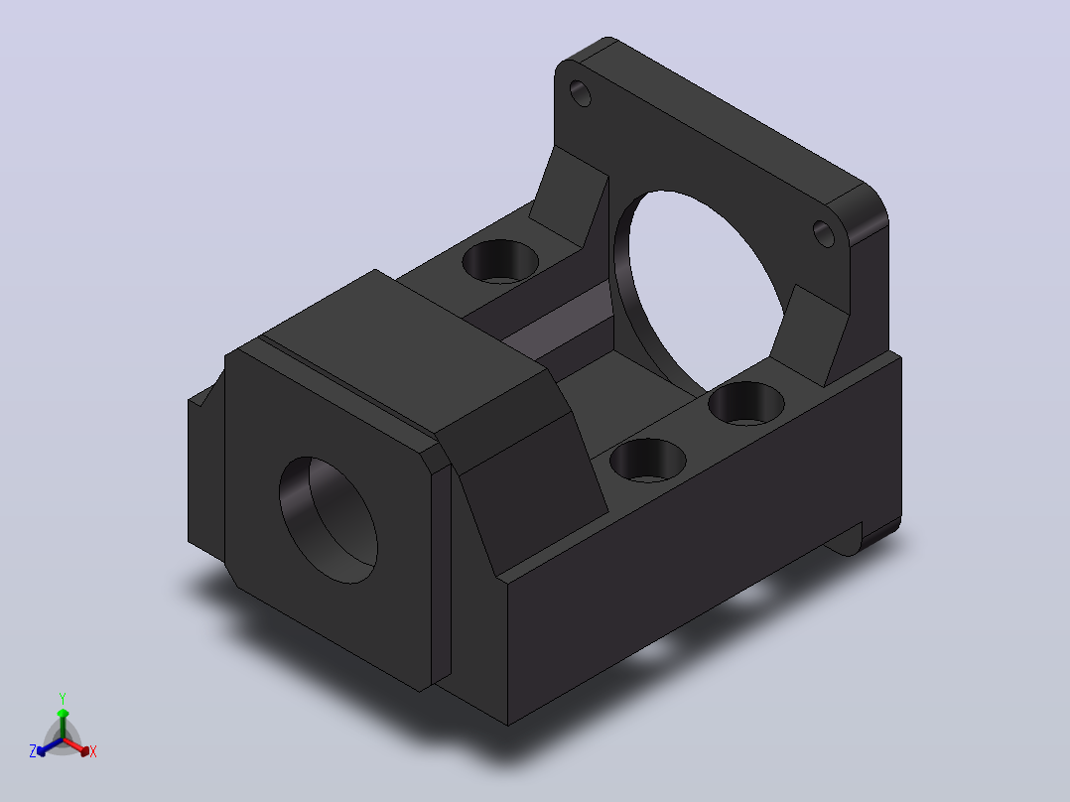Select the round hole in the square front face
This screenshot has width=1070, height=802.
pyautogui.click(x=329, y=520)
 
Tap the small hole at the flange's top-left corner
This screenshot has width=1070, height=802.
pyautogui.click(x=580, y=93)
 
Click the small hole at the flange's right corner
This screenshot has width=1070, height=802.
pyautogui.click(x=824, y=233)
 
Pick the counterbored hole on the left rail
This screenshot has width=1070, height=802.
pyautogui.click(x=500, y=261)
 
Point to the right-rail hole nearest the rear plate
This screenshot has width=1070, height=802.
pyautogui.click(x=746, y=403)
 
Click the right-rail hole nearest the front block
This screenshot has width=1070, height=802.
pyautogui.click(x=648, y=461)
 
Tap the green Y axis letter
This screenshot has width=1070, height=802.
pyautogui.click(x=63, y=699)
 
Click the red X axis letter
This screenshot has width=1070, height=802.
pyautogui.click(x=93, y=751)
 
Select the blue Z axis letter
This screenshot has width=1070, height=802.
pyautogui.click(x=32, y=751)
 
